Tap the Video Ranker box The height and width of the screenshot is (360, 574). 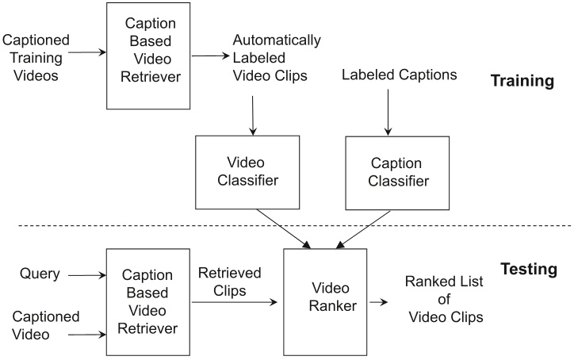pos(325,301)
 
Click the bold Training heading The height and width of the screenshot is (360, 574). pos(521,81)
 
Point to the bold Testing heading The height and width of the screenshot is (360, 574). pos(529,270)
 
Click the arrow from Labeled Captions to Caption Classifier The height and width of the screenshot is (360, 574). pos(388,110)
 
